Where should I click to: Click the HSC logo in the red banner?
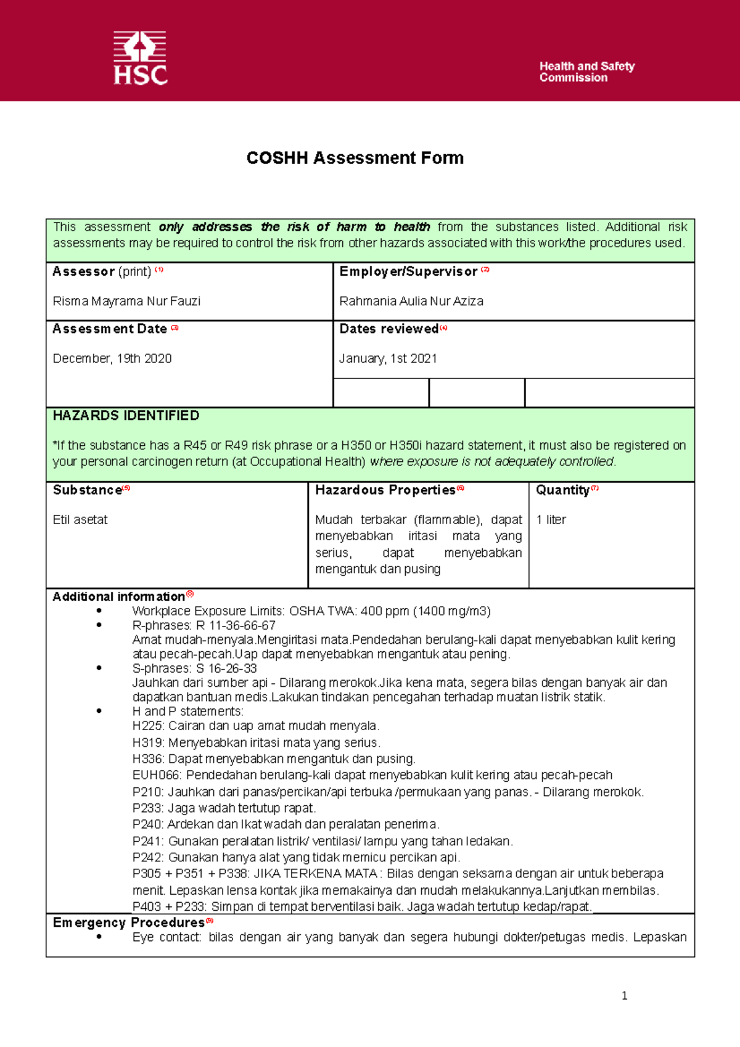pyautogui.click(x=140, y=58)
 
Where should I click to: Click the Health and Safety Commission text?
pyautogui.click(x=586, y=72)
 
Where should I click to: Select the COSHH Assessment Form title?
pyautogui.click(x=355, y=158)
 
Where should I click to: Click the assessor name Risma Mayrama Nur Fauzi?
pyautogui.click(x=126, y=301)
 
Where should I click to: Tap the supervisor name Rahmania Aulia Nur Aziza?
pyautogui.click(x=411, y=301)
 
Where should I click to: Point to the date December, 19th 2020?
pyautogui.click(x=112, y=358)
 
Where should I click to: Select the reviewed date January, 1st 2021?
pyautogui.click(x=388, y=358)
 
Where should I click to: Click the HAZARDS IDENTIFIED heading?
pyautogui.click(x=126, y=416)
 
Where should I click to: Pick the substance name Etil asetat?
pyautogui.click(x=80, y=520)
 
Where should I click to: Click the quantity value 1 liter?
pyautogui.click(x=551, y=520)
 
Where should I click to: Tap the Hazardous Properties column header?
pyautogui.click(x=385, y=490)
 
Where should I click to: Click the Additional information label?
pyautogui.click(x=118, y=597)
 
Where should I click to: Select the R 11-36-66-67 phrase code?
pyautogui.click(x=236, y=625)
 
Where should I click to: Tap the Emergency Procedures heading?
pyautogui.click(x=128, y=922)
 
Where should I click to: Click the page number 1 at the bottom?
pyautogui.click(x=625, y=995)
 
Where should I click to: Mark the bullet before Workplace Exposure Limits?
pyautogui.click(x=99, y=611)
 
